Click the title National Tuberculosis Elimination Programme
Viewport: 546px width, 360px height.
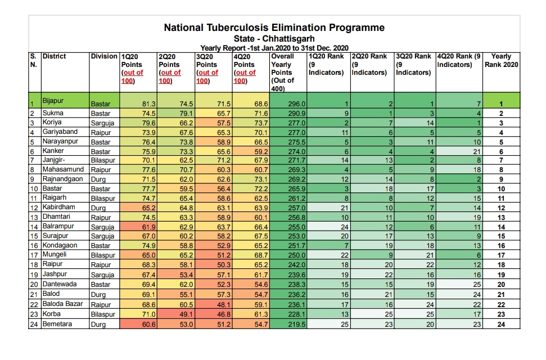(x=274, y=28)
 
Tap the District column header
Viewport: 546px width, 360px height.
(x=54, y=57)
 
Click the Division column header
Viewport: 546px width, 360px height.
(x=104, y=57)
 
